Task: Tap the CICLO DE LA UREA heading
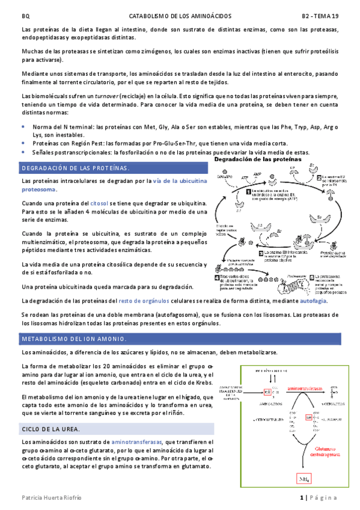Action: [x=51, y=429]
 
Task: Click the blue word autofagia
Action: [x=314, y=301]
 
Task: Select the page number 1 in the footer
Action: [x=303, y=498]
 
